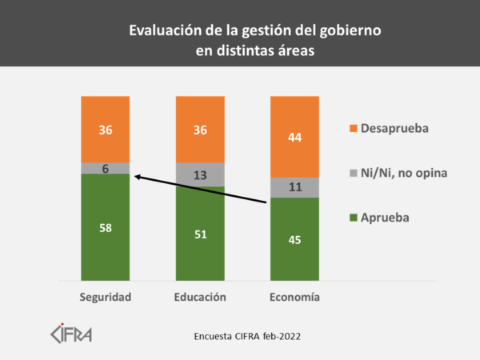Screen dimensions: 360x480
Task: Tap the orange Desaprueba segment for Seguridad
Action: [105, 130]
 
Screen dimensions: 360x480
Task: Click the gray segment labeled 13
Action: [200, 174]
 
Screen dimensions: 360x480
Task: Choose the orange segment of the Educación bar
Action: [200, 130]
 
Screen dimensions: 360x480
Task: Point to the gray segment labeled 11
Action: [294, 187]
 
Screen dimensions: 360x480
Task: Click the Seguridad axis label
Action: [105, 297]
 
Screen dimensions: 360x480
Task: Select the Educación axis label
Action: [200, 297]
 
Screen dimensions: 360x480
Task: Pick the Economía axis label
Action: [294, 297]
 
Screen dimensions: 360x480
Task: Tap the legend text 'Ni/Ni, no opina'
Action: [405, 172]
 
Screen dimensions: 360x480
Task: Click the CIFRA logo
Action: [71, 332]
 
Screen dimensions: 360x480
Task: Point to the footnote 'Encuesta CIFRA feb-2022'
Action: [249, 336]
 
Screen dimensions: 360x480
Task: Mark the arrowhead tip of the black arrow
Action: [134, 176]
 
